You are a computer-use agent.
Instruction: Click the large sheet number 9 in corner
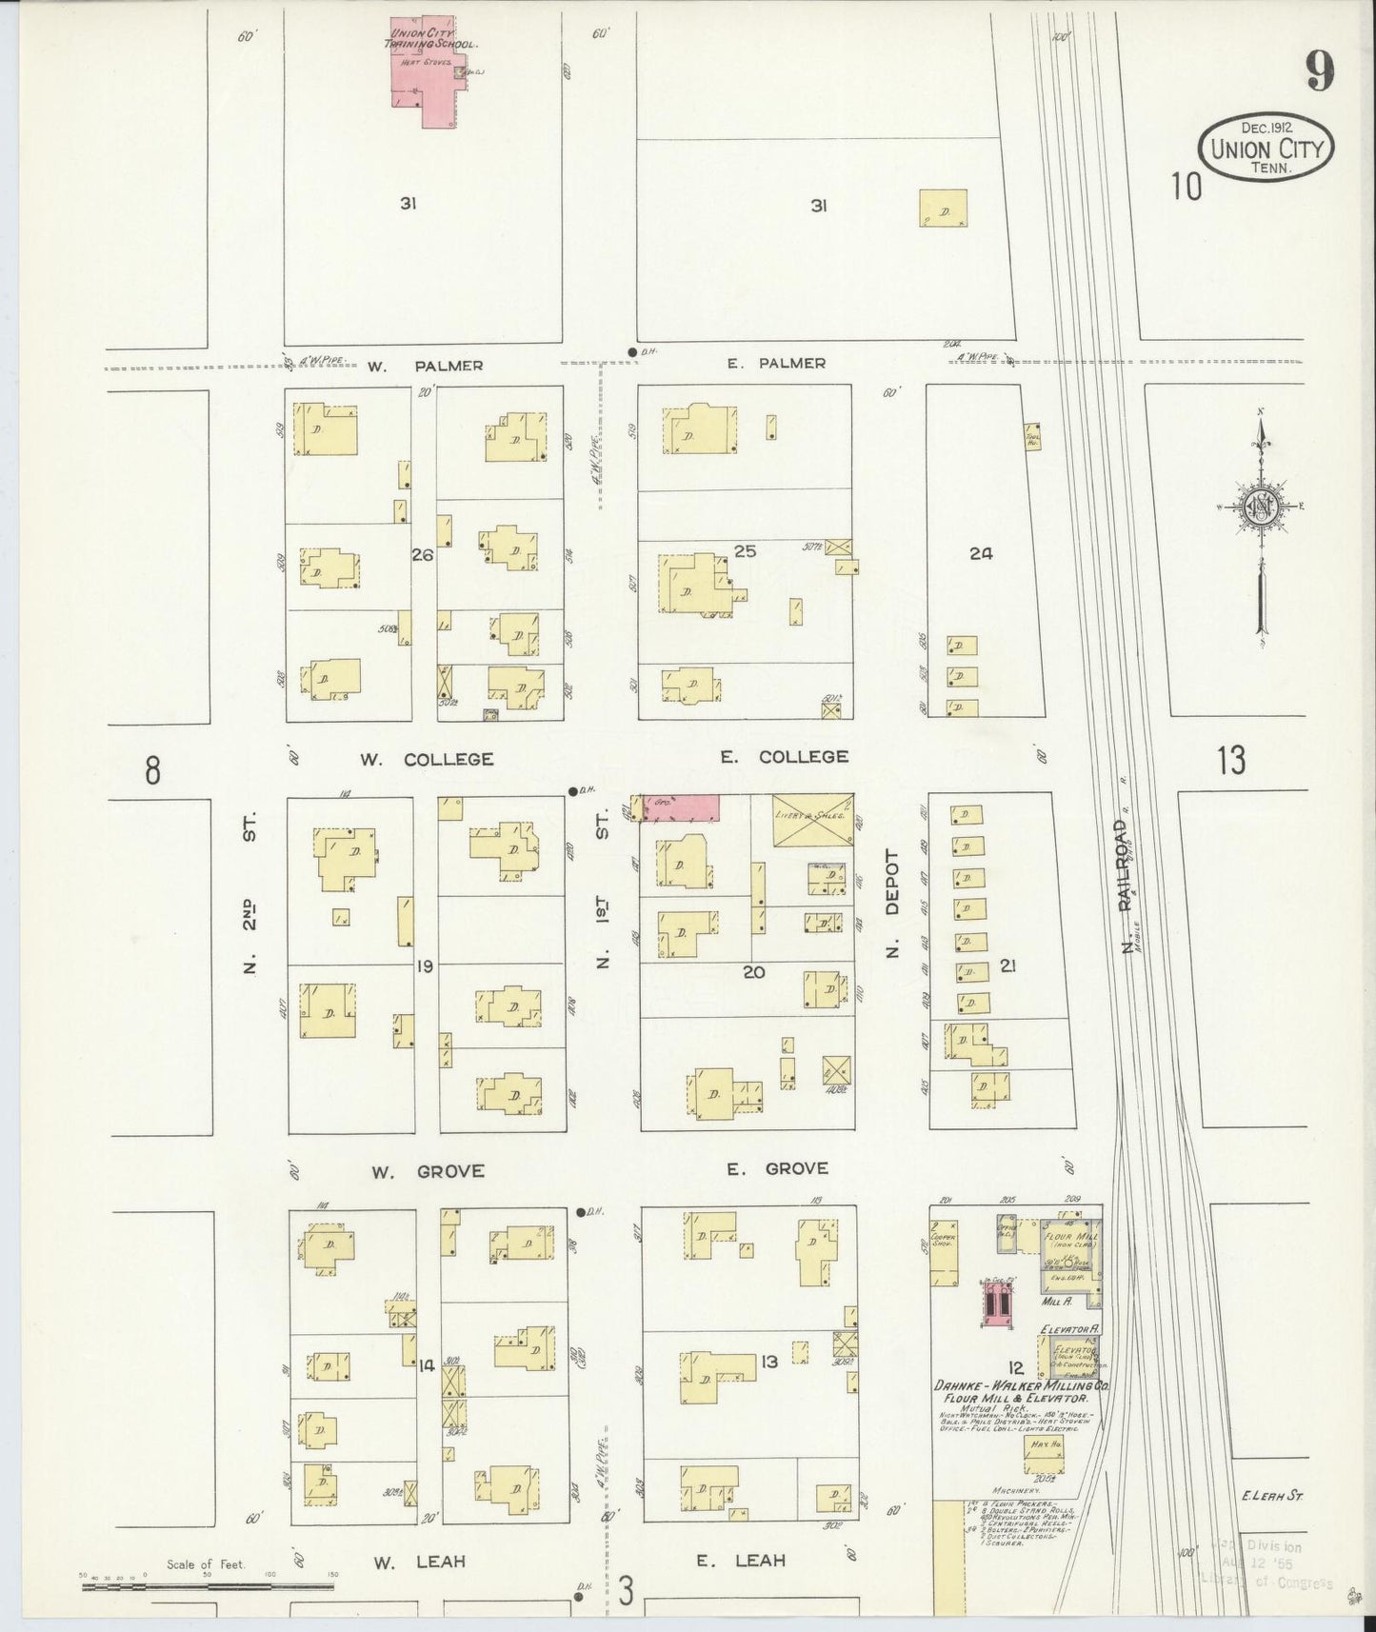tap(1319, 70)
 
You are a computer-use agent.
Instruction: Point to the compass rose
tap(1262, 508)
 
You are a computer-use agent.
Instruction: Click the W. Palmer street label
tap(426, 366)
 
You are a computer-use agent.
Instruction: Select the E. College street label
tap(784, 757)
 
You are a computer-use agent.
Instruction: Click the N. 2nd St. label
tap(250, 900)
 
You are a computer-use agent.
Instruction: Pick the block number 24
tap(981, 553)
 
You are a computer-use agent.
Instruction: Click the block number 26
tap(422, 554)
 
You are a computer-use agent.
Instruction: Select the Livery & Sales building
tap(812, 819)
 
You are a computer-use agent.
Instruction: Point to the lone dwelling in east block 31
tap(943, 209)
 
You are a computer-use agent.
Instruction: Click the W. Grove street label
tap(428, 1171)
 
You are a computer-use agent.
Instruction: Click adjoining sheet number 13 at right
tap(1230, 760)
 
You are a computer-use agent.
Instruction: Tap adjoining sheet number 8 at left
tap(152, 769)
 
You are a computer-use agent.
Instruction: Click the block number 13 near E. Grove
tap(769, 1362)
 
